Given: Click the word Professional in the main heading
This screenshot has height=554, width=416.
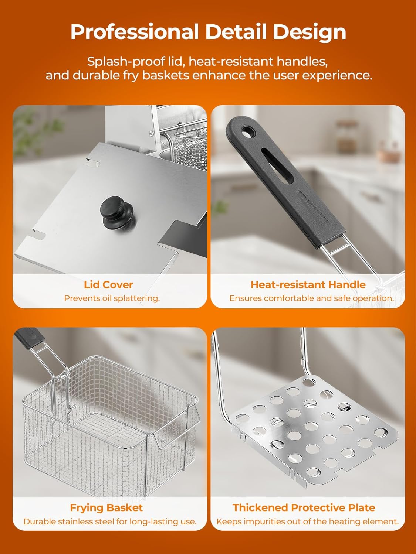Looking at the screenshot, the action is coord(135,32).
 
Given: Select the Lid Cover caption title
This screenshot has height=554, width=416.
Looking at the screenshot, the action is coord(108,285).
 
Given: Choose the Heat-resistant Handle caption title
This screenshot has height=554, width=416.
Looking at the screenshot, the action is coord(308,285).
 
